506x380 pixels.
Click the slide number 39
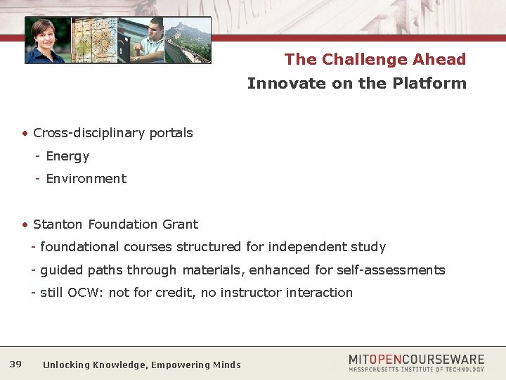click(x=15, y=364)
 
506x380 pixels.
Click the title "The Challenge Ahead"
click(x=375, y=59)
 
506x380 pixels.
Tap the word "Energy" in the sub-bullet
click(x=67, y=156)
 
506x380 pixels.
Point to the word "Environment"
click(x=86, y=179)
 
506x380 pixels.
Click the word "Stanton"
click(x=58, y=224)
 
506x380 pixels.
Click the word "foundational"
click(x=80, y=247)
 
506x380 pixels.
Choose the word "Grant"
click(x=181, y=224)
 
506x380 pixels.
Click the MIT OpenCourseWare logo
click(x=416, y=362)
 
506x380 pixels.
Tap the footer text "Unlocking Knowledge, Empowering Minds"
click(x=141, y=365)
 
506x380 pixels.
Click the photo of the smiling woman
click(x=47, y=41)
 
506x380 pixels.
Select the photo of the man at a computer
click(x=141, y=41)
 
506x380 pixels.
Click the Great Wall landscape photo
click(x=187, y=41)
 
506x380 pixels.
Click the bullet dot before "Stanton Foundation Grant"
click(x=25, y=225)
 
